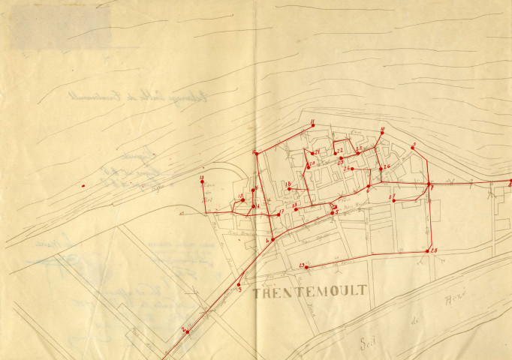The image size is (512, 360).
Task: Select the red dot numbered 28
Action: click(428, 250)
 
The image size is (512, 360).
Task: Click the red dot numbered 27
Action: click(393, 201)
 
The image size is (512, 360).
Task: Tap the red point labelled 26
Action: click(381, 168)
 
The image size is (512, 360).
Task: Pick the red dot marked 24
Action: click(351, 169)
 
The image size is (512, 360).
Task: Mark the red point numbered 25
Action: click(358, 152)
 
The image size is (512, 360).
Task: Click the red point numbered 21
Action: click(312, 153)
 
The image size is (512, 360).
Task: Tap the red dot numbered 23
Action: click(340, 158)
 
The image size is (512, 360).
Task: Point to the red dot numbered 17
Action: click(279, 214)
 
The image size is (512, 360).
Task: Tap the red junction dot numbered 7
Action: click(429, 184)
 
